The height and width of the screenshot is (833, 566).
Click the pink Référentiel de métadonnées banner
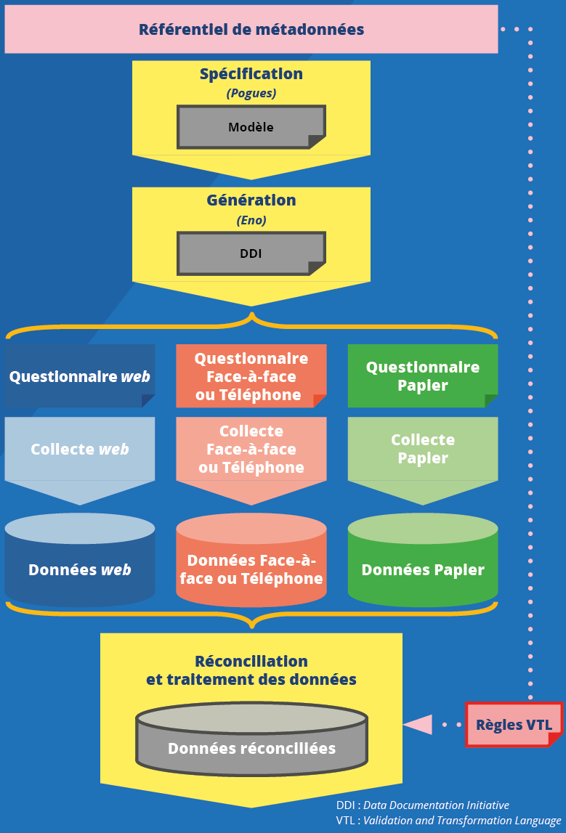click(x=251, y=30)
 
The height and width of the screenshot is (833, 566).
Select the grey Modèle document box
click(x=251, y=127)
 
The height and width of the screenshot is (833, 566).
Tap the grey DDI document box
click(x=251, y=254)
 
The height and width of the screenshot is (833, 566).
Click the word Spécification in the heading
click(x=251, y=74)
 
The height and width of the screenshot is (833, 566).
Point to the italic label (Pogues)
click(x=251, y=93)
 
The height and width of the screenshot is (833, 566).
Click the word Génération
click(x=251, y=200)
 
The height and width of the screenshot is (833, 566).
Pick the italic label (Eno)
click(x=251, y=220)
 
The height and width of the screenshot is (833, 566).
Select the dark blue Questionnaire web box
click(x=80, y=376)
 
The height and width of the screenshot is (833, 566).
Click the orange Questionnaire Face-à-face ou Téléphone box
click(x=251, y=376)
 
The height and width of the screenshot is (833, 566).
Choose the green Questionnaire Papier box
click(x=423, y=376)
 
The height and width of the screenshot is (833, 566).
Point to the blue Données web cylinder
click(x=80, y=569)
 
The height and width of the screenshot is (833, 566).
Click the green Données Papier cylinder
click(x=423, y=569)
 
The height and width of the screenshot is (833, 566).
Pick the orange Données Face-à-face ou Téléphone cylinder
click(x=251, y=569)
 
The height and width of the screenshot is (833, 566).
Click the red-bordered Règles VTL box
click(x=514, y=725)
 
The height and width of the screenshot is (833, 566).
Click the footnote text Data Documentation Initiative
click(x=436, y=805)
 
